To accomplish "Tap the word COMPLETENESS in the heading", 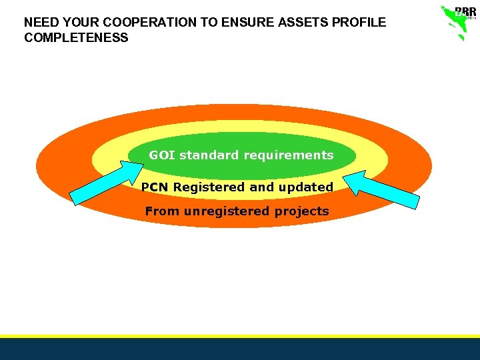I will click(76, 38).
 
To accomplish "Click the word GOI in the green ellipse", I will click(162, 155).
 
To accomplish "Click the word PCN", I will click(155, 187).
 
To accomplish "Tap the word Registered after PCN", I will click(209, 187).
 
